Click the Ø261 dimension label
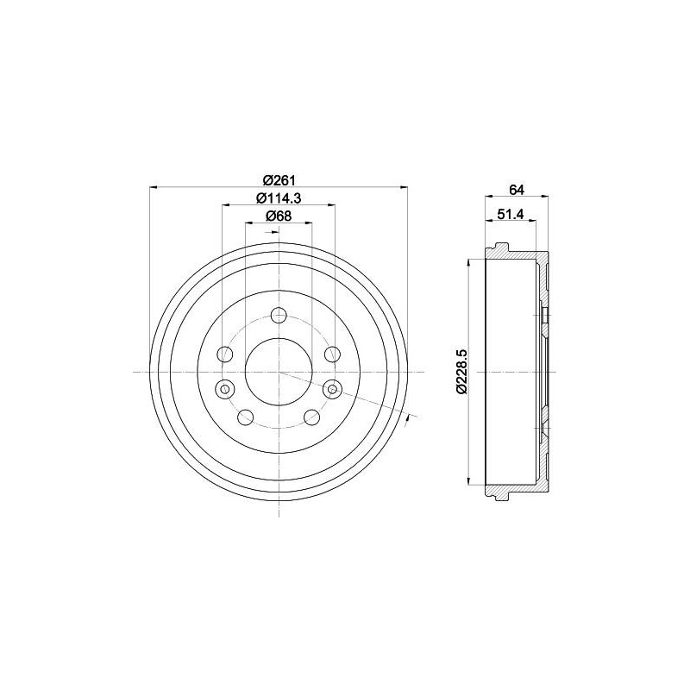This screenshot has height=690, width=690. (x=279, y=180)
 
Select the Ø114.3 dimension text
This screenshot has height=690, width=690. (x=279, y=198)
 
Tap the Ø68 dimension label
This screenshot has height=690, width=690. (x=279, y=216)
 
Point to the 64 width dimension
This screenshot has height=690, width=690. (x=517, y=190)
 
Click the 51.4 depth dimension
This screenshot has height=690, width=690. (x=510, y=214)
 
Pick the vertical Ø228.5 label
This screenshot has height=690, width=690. (x=461, y=372)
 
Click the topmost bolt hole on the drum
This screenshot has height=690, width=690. (x=279, y=315)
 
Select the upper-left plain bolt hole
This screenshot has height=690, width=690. (x=225, y=354)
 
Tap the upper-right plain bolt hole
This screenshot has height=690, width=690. (x=332, y=354)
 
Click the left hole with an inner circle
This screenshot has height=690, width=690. (x=225, y=389)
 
